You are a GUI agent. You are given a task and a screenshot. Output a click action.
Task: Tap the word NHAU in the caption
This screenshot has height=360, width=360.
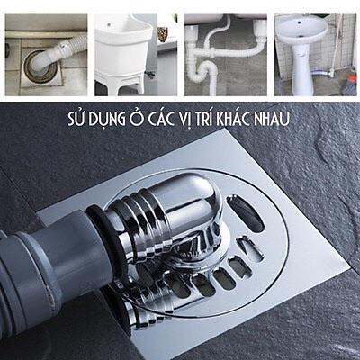275,120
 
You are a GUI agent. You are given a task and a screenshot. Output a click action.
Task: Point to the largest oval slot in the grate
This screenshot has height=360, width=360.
244,214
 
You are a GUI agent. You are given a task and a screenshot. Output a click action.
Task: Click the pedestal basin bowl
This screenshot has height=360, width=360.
300,30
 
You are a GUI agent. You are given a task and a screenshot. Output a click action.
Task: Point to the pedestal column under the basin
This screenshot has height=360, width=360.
301,69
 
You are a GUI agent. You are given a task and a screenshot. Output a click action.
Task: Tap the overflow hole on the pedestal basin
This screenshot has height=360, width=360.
300,22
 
